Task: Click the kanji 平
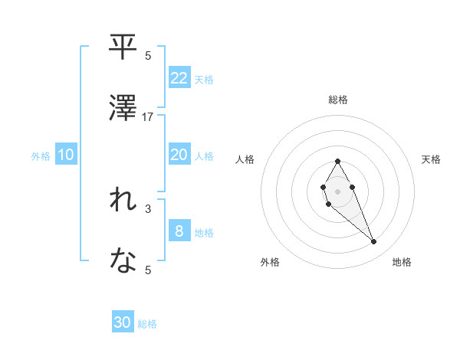click(x=123, y=49)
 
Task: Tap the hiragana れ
click(x=123, y=201)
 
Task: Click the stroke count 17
click(x=148, y=117)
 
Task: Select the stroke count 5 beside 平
click(x=148, y=56)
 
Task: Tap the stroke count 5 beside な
click(x=148, y=269)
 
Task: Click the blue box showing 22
click(x=179, y=77)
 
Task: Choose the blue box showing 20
click(x=179, y=155)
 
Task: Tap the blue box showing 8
click(x=179, y=231)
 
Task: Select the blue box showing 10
click(x=66, y=155)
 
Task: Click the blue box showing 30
click(x=123, y=322)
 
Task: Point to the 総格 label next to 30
click(x=147, y=324)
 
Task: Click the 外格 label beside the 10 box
click(x=41, y=156)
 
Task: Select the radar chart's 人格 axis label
click(x=245, y=159)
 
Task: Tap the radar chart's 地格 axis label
click(x=402, y=262)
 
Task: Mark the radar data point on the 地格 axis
click(x=373, y=242)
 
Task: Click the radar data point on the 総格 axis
click(x=337, y=161)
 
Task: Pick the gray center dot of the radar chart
click(x=337, y=190)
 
